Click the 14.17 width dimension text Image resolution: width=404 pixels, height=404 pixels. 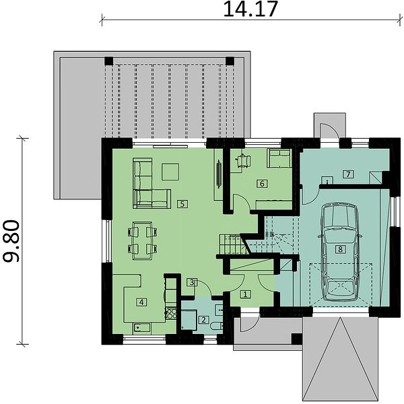click(x=250, y=9)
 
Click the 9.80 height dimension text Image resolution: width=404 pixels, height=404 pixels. click(x=11, y=241)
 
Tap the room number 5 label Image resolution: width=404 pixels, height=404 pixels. click(x=182, y=204)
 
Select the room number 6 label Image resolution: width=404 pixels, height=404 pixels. click(x=262, y=183)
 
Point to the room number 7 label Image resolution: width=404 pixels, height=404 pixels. click(x=348, y=174)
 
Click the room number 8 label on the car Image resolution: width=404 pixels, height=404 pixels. click(x=340, y=249)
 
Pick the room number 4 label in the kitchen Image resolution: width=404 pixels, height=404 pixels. click(x=141, y=302)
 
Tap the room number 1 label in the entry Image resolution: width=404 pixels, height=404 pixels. click(x=245, y=294)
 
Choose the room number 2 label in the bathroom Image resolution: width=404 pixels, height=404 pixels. click(x=203, y=320)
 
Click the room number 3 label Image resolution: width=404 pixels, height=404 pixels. click(x=192, y=282)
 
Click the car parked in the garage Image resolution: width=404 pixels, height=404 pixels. click(x=340, y=252)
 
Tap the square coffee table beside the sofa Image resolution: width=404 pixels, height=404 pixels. click(x=170, y=172)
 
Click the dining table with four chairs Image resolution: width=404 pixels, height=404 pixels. click(x=142, y=240)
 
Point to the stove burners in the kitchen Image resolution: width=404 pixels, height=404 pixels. click(x=171, y=314)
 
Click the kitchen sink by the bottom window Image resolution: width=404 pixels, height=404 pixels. click(x=141, y=328)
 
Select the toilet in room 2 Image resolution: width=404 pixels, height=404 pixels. click(x=216, y=326)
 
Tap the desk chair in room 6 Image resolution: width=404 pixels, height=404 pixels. click(x=243, y=161)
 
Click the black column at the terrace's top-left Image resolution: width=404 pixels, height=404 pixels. click(x=108, y=61)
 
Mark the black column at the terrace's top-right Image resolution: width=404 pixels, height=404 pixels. click(x=230, y=61)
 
